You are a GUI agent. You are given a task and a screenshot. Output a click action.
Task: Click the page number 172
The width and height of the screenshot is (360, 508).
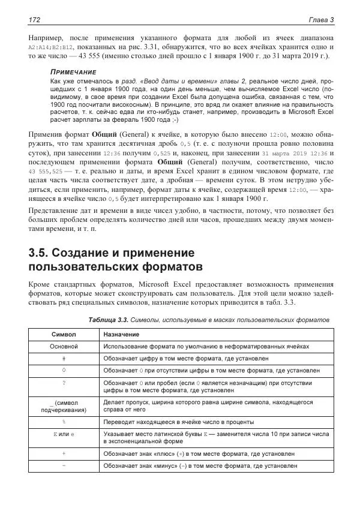pos(34,21)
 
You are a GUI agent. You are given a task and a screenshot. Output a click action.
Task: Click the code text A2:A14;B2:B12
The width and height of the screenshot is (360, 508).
pos(52,46)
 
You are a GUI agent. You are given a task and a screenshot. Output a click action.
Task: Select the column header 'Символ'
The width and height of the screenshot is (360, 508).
pos(64,333)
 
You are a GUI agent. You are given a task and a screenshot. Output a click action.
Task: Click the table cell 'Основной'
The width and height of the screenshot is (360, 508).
pos(64,347)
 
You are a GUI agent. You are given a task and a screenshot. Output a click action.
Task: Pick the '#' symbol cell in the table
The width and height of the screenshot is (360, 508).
pos(64,359)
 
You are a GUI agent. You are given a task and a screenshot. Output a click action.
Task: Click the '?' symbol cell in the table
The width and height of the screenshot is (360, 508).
pos(64,382)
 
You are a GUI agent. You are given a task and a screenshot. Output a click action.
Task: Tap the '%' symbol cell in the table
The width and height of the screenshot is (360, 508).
pos(64,422)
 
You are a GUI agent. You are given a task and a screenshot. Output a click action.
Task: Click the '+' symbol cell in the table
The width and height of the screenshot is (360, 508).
pos(64,453)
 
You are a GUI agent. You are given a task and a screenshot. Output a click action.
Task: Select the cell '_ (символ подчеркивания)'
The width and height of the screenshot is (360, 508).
pos(64,406)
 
